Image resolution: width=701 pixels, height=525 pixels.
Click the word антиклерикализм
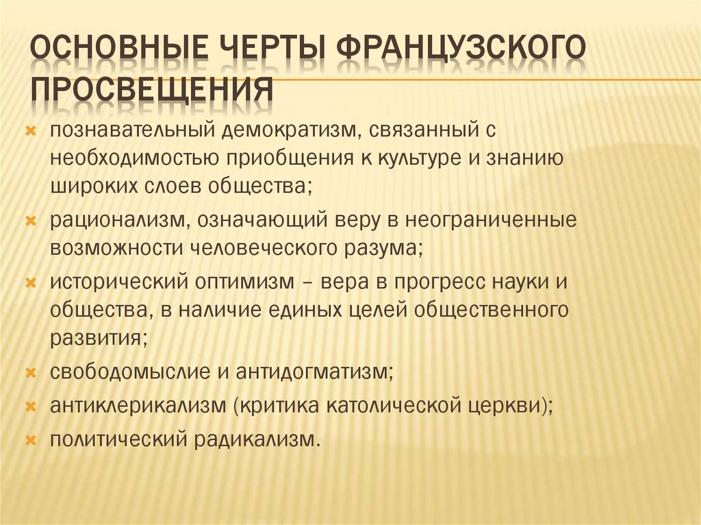[x=138, y=405]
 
